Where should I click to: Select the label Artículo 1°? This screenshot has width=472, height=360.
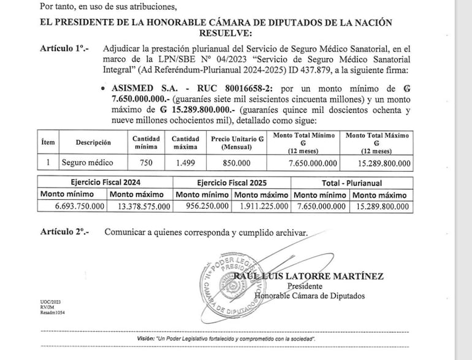pos(64,47)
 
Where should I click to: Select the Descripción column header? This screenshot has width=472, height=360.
pos(93,142)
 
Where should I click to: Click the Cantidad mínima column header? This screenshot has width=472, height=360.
pos(147,142)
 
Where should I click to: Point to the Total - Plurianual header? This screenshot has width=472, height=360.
pos(350,182)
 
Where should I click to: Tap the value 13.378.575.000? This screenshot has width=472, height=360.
pos(143,206)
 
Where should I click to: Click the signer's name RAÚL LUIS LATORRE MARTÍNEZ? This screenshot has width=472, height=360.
pos(310,276)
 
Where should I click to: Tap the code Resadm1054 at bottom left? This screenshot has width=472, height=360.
pos(53,313)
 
